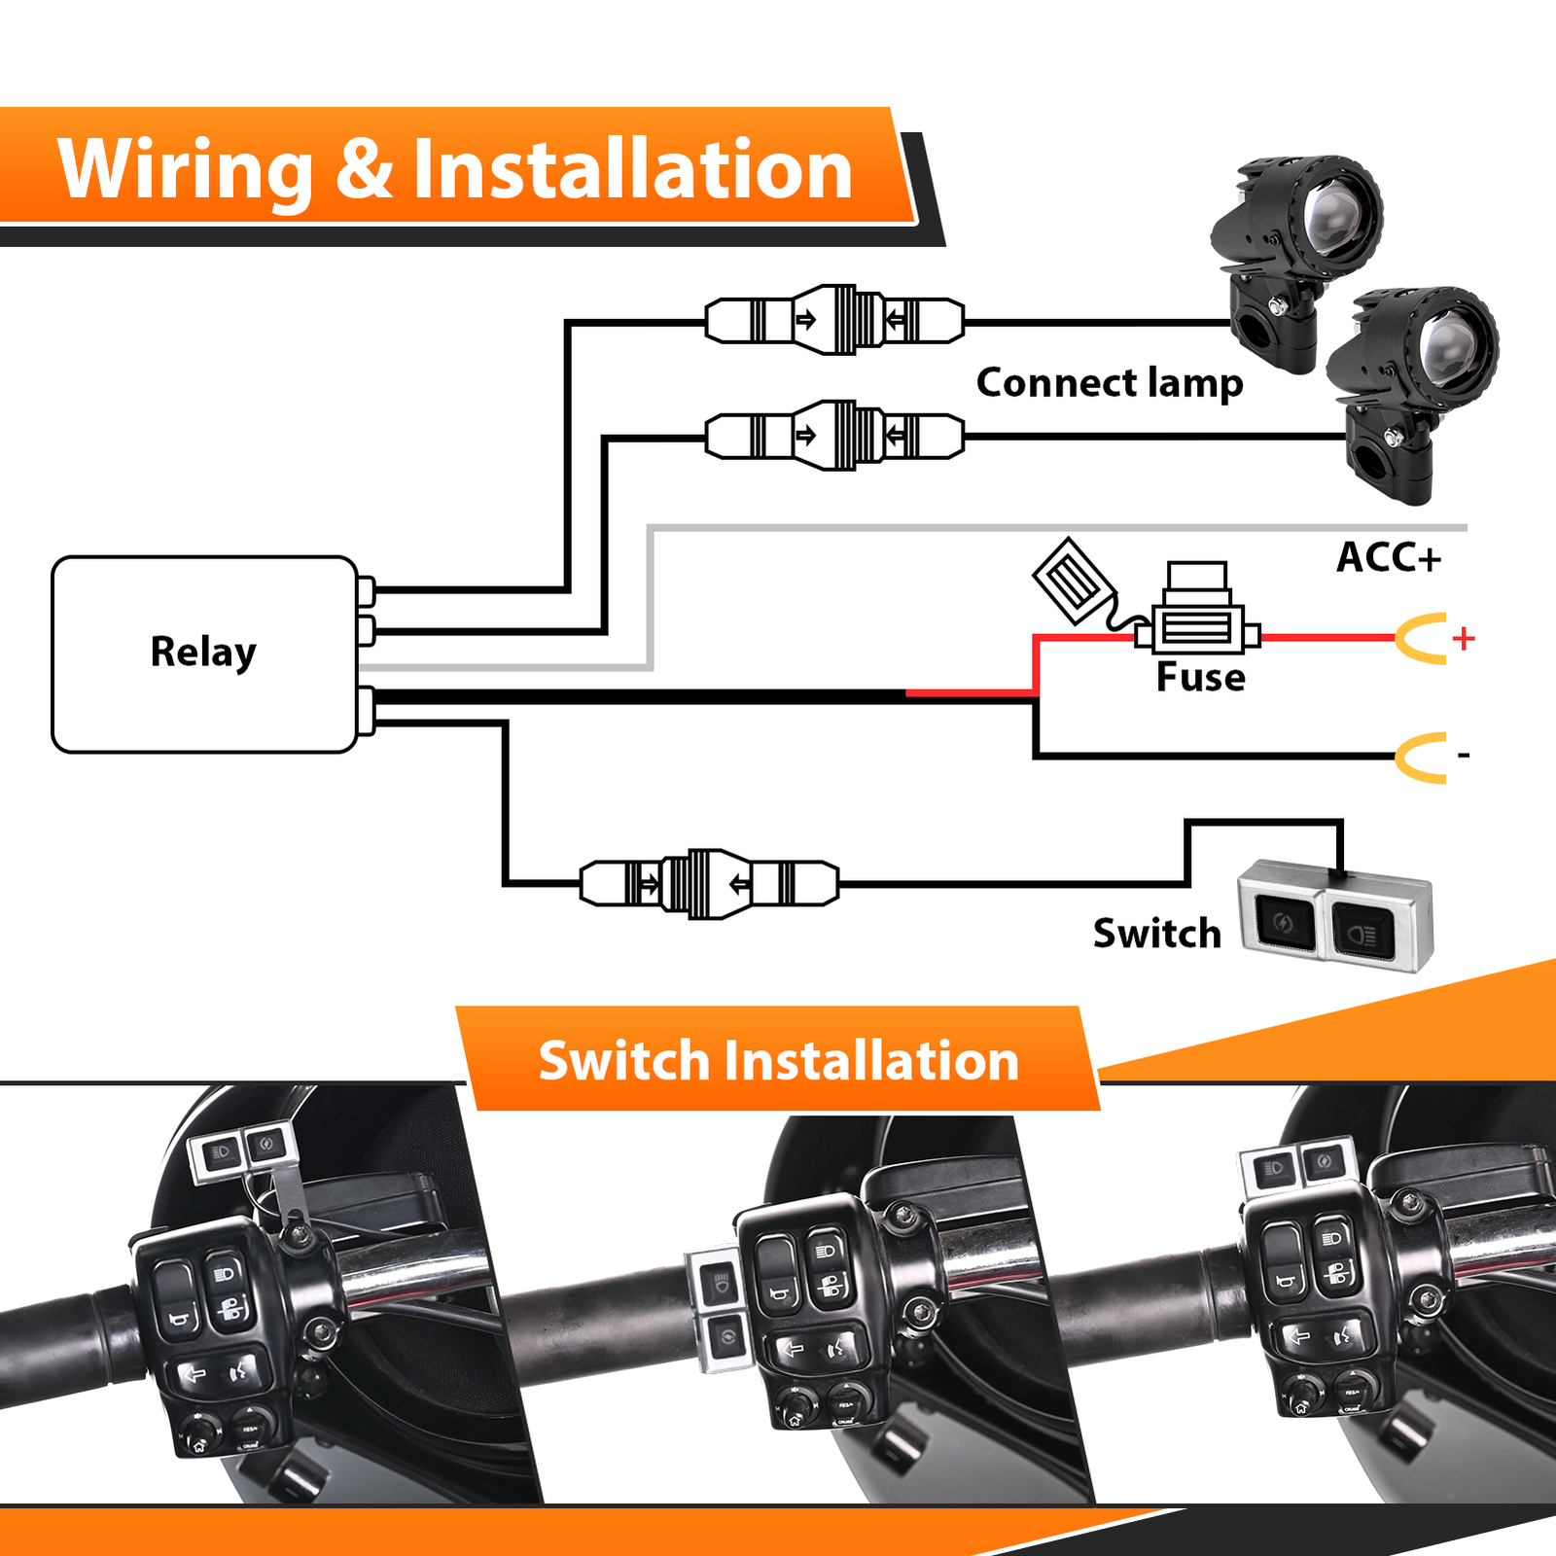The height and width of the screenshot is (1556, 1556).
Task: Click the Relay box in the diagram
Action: pyautogui.click(x=204, y=654)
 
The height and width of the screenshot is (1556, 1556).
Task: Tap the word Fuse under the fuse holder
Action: pyautogui.click(x=1200, y=678)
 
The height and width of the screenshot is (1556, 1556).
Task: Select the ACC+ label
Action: pyautogui.click(x=1388, y=558)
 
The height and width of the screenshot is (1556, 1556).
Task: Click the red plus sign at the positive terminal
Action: pyautogui.click(x=1463, y=638)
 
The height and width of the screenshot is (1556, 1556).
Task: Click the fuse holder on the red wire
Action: pyautogui.click(x=1197, y=622)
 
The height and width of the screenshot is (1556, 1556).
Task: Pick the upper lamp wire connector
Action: pyautogui.click(x=834, y=320)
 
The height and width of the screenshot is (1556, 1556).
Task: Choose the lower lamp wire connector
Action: pyautogui.click(x=834, y=435)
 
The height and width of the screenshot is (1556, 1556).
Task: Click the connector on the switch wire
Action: pyautogui.click(x=709, y=884)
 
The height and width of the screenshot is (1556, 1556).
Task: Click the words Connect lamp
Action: pyautogui.click(x=1109, y=383)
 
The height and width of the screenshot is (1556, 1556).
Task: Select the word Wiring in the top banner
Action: pyautogui.click(x=185, y=170)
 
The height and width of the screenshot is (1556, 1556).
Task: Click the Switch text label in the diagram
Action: pyautogui.click(x=1156, y=934)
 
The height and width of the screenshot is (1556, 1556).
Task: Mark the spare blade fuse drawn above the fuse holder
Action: pyautogui.click(x=1072, y=582)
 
